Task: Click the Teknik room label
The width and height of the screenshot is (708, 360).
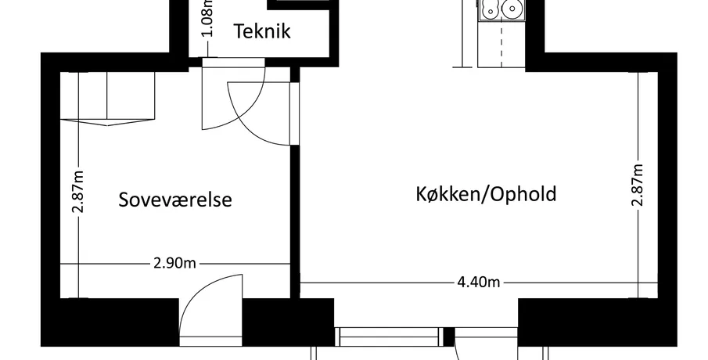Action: [262, 31]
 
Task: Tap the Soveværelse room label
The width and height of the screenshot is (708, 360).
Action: [175, 200]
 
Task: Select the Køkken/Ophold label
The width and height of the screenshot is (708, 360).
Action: [486, 194]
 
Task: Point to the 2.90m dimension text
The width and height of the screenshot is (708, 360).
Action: [174, 263]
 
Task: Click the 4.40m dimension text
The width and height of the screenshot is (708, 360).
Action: [479, 283]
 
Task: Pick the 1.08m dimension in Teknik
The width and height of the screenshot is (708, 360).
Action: [207, 18]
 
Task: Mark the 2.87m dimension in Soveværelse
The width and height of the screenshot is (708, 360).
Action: [78, 191]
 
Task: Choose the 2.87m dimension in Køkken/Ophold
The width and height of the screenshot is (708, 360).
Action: [637, 185]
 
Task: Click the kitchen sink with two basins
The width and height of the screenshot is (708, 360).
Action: [501, 9]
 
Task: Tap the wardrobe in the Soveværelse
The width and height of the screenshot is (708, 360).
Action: [107, 98]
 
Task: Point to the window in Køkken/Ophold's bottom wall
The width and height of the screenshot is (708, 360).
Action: [390, 337]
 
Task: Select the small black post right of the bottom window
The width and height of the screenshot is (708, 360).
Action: [449, 337]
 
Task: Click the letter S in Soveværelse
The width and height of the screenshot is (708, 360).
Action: [124, 200]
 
